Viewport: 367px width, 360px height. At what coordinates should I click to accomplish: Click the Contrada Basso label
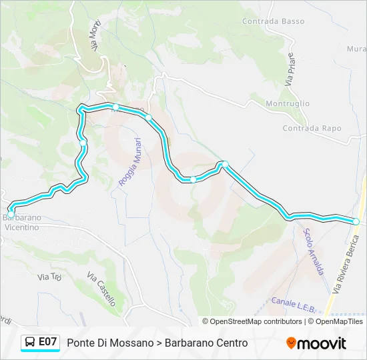274,21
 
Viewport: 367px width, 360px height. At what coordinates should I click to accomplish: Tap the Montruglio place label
288,103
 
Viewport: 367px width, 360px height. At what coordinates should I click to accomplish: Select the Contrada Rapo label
312,128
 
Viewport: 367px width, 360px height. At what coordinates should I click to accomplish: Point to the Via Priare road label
290,69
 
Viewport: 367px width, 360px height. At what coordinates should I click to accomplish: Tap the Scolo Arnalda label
314,251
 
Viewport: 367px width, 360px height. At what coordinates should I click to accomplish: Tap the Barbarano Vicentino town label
21,222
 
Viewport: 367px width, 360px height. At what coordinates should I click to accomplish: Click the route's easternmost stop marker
356,221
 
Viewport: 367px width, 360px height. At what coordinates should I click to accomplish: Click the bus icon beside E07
30,343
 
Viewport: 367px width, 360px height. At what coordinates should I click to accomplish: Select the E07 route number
47,342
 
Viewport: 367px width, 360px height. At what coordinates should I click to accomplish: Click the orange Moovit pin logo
291,343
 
